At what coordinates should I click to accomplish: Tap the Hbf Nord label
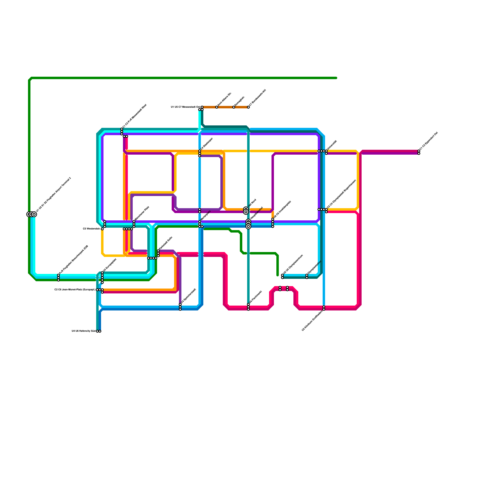253,203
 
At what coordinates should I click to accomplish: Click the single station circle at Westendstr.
102,229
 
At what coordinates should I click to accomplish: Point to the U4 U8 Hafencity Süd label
84,331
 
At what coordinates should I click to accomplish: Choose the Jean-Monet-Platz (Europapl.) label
75,290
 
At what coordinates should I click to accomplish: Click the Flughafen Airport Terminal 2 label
54,194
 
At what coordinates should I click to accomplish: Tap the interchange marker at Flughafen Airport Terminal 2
32,214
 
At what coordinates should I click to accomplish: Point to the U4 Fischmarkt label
255,297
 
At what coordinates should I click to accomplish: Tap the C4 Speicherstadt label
188,296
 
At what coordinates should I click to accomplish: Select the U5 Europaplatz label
110,265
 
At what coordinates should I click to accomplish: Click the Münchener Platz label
142,213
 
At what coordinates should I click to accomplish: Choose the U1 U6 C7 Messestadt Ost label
185,107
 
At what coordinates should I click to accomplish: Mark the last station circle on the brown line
248,107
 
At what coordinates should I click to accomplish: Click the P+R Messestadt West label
135,116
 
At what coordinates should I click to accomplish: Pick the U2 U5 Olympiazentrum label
293,265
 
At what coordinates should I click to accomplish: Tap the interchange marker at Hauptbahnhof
248,224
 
